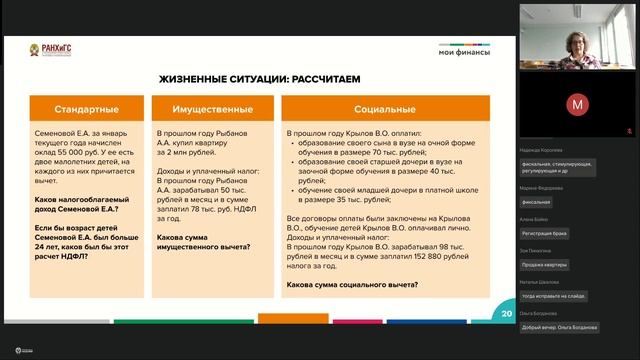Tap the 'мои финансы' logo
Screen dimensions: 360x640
[464, 52]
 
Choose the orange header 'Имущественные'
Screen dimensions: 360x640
[211, 109]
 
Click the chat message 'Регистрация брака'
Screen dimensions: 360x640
[549, 233]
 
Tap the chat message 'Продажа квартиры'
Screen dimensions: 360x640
[549, 264]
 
